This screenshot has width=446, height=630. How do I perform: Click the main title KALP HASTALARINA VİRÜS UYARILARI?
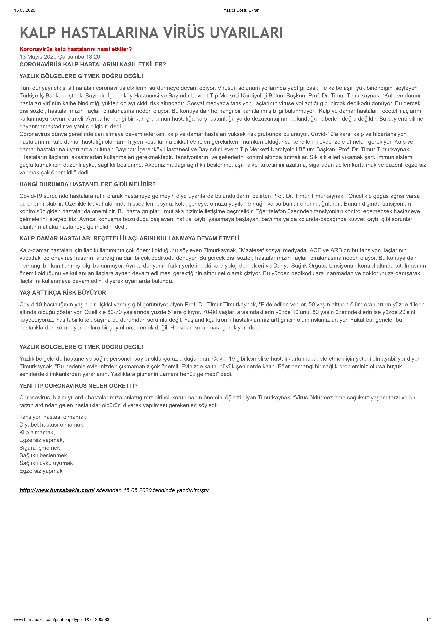(x=151, y=33)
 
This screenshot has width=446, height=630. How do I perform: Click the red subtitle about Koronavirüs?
(x=76, y=49)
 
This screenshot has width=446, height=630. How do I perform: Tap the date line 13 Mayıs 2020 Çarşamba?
(x=60, y=57)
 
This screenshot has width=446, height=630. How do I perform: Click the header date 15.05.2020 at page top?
(x=25, y=10)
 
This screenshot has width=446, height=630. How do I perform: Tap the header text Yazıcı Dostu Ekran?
(x=241, y=10)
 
